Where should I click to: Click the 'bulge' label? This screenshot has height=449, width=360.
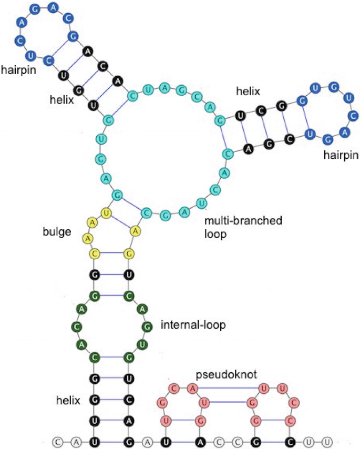coord(58,231)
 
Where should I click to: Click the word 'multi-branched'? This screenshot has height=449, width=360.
coord(243,221)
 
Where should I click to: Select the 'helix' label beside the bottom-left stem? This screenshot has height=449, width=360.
coord(68,401)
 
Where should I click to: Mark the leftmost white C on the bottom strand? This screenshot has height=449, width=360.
coord(58,440)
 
